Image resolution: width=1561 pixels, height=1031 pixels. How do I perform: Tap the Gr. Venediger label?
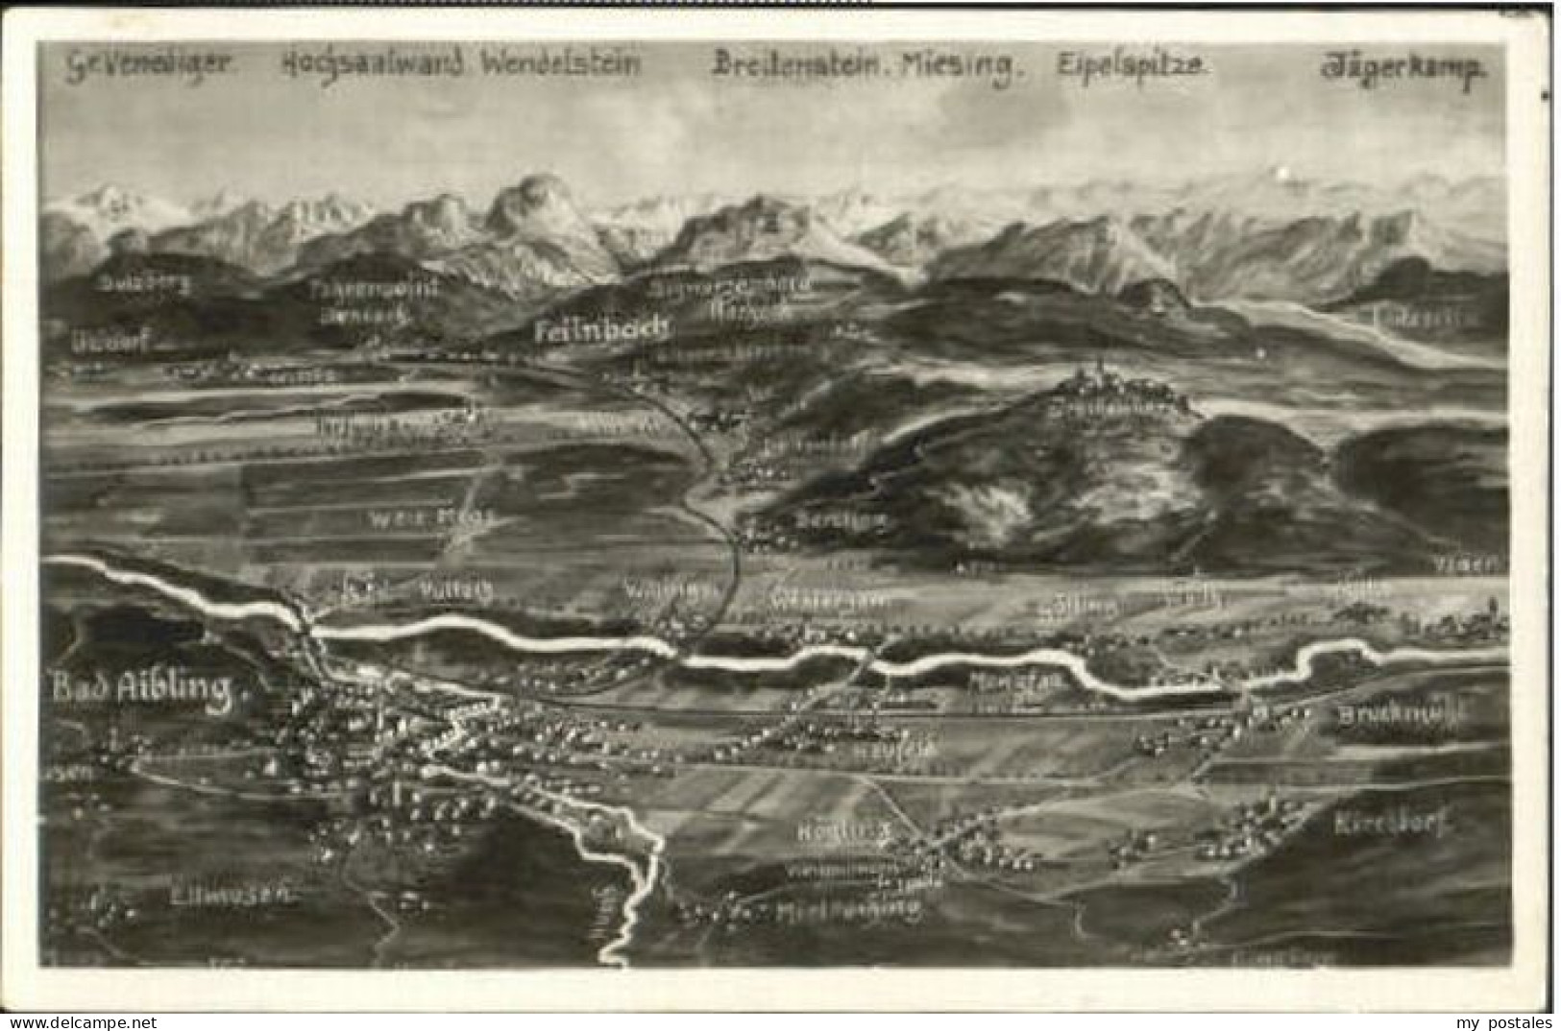[149, 64]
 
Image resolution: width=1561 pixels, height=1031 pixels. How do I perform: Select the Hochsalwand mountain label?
[374, 64]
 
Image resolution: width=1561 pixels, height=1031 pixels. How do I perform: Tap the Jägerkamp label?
[1403, 68]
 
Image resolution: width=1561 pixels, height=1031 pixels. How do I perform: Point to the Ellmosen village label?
[230, 897]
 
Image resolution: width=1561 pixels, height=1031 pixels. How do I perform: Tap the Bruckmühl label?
[1402, 715]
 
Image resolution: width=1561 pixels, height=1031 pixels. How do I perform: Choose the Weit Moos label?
[431, 517]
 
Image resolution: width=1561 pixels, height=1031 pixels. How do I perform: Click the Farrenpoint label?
[375, 287]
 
